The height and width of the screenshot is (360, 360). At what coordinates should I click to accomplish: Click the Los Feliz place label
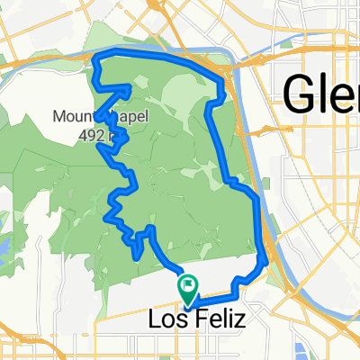point(186,319)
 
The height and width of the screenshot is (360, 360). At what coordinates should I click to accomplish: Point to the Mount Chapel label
point(89,117)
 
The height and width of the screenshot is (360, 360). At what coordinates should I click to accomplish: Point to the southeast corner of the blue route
point(264,263)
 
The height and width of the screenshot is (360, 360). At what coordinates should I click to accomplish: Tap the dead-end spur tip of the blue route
point(136,257)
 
